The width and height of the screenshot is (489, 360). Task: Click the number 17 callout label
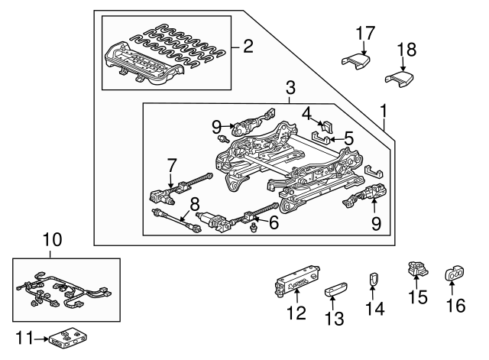pyautogui.click(x=365, y=33)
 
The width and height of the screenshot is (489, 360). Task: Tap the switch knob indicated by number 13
pyautogui.click(x=336, y=290)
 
